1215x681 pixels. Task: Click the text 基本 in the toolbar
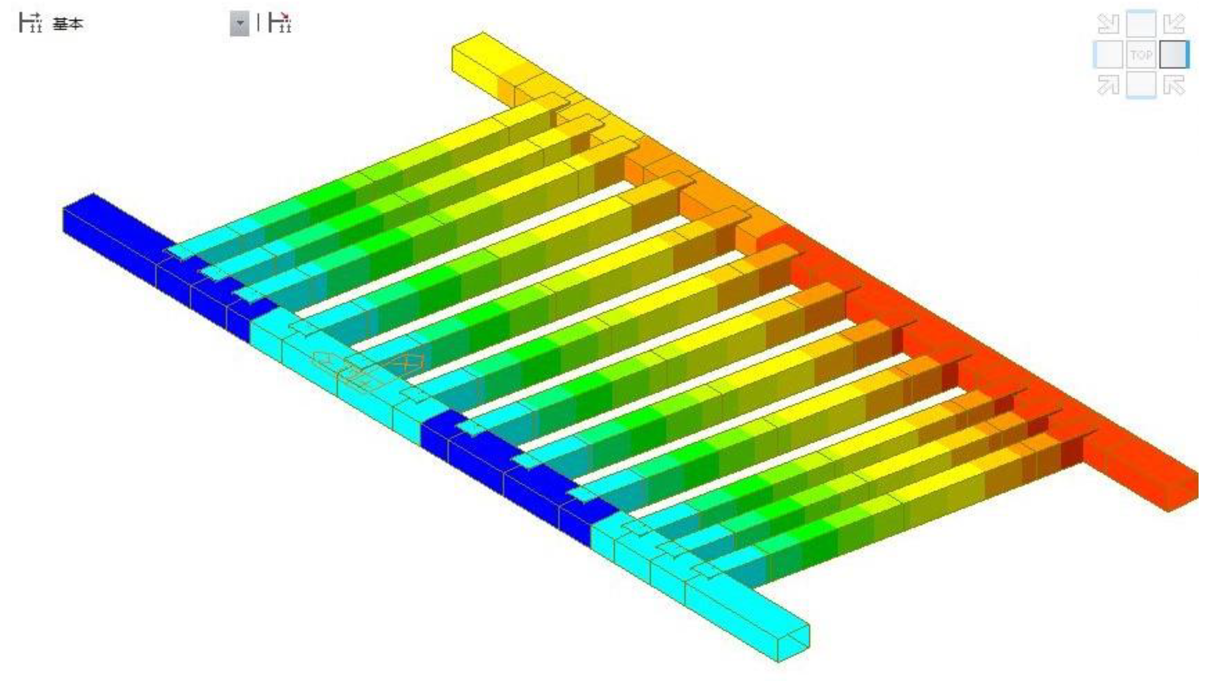click(x=68, y=23)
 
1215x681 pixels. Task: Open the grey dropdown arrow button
click(x=239, y=23)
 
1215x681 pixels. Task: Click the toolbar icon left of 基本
click(x=30, y=23)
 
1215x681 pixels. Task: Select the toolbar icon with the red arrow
click(x=280, y=23)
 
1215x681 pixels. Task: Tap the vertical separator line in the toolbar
click(x=258, y=22)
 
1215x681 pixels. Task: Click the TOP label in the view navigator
click(x=1141, y=55)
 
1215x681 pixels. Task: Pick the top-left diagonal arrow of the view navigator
click(x=1108, y=23)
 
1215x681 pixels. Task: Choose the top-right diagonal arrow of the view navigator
click(x=1174, y=23)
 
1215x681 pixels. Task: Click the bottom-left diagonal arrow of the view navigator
click(x=1108, y=85)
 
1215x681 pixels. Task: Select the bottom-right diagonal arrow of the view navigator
click(x=1174, y=85)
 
